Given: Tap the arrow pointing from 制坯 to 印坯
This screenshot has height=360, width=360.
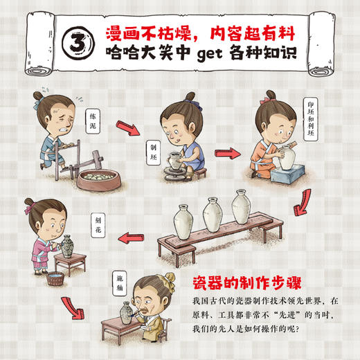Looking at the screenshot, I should coord(226,152).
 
